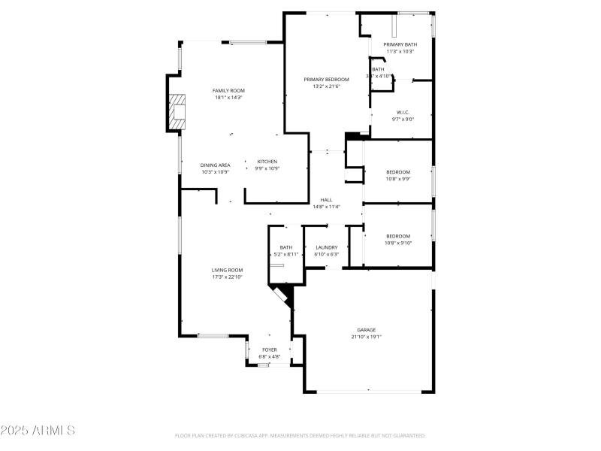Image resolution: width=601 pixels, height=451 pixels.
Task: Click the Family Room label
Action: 229,90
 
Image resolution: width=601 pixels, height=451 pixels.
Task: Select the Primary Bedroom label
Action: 326,79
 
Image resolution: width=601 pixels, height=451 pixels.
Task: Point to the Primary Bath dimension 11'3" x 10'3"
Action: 400,52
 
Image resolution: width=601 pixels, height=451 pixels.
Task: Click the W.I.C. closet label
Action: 402,112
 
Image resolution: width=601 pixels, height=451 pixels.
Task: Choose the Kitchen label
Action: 267,162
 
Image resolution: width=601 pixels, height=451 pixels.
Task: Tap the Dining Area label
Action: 215,165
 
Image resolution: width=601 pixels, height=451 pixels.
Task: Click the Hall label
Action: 326,200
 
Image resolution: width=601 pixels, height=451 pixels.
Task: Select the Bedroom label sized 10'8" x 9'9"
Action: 397,172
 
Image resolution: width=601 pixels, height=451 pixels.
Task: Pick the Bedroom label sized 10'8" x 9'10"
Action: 397,236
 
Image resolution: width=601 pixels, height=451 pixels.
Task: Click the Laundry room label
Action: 326,247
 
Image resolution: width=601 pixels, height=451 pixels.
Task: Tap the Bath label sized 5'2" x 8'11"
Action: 286,247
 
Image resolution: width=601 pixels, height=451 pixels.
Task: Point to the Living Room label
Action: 227,270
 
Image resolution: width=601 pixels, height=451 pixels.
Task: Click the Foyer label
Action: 269,350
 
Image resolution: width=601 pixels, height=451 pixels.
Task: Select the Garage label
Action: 367,329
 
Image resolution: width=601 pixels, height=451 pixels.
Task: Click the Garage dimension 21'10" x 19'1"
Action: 367,337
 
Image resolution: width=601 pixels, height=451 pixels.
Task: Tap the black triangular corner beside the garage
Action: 284,292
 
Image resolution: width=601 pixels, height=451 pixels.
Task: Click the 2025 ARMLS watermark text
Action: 38,431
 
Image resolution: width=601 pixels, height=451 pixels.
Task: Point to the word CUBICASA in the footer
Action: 257,435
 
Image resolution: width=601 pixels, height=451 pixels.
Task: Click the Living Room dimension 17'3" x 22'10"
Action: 227,277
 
